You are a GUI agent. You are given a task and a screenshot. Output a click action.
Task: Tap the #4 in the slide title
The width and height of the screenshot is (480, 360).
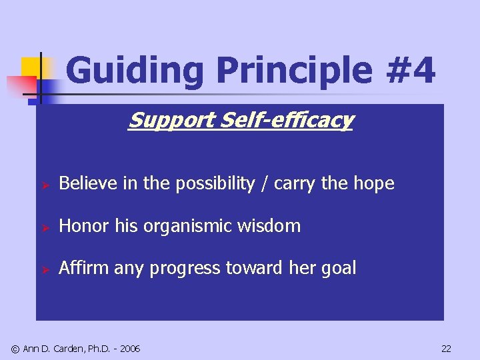click(x=411, y=71)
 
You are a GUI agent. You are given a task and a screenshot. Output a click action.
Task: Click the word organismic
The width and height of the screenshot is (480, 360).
click(x=181, y=227)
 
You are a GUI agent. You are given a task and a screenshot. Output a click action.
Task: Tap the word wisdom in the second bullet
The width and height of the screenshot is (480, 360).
click(x=273, y=226)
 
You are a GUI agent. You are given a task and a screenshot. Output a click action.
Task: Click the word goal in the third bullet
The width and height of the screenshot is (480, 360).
click(x=341, y=269)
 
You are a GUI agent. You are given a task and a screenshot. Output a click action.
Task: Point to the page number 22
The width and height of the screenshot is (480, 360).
click(x=446, y=349)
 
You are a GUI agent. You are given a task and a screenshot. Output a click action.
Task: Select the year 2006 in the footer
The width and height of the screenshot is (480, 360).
click(x=129, y=349)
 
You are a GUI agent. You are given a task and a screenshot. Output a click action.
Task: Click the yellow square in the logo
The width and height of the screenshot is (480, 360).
click(x=30, y=67)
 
